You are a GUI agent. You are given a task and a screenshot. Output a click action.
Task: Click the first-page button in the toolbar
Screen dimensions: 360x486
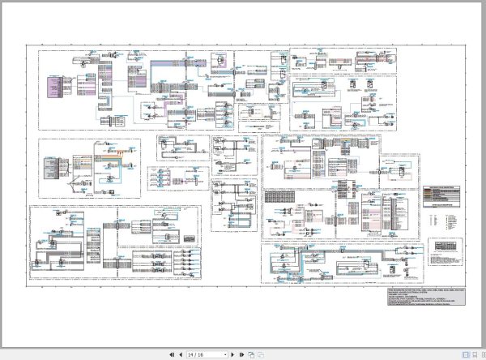pyautogui.click(x=171, y=354)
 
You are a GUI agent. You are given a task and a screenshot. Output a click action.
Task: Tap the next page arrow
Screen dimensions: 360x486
pyautogui.click(x=233, y=354)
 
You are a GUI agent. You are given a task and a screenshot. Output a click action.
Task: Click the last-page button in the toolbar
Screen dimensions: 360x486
pyautogui.click(x=241, y=354)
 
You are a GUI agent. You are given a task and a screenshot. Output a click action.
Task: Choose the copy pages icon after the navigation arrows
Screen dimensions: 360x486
pyautogui.click(x=252, y=354)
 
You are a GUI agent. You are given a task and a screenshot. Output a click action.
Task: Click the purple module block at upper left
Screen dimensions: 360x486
pyautogui.click(x=54, y=87)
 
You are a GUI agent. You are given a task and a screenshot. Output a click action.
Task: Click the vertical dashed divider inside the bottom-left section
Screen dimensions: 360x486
pyautogui.click(x=116, y=243)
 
